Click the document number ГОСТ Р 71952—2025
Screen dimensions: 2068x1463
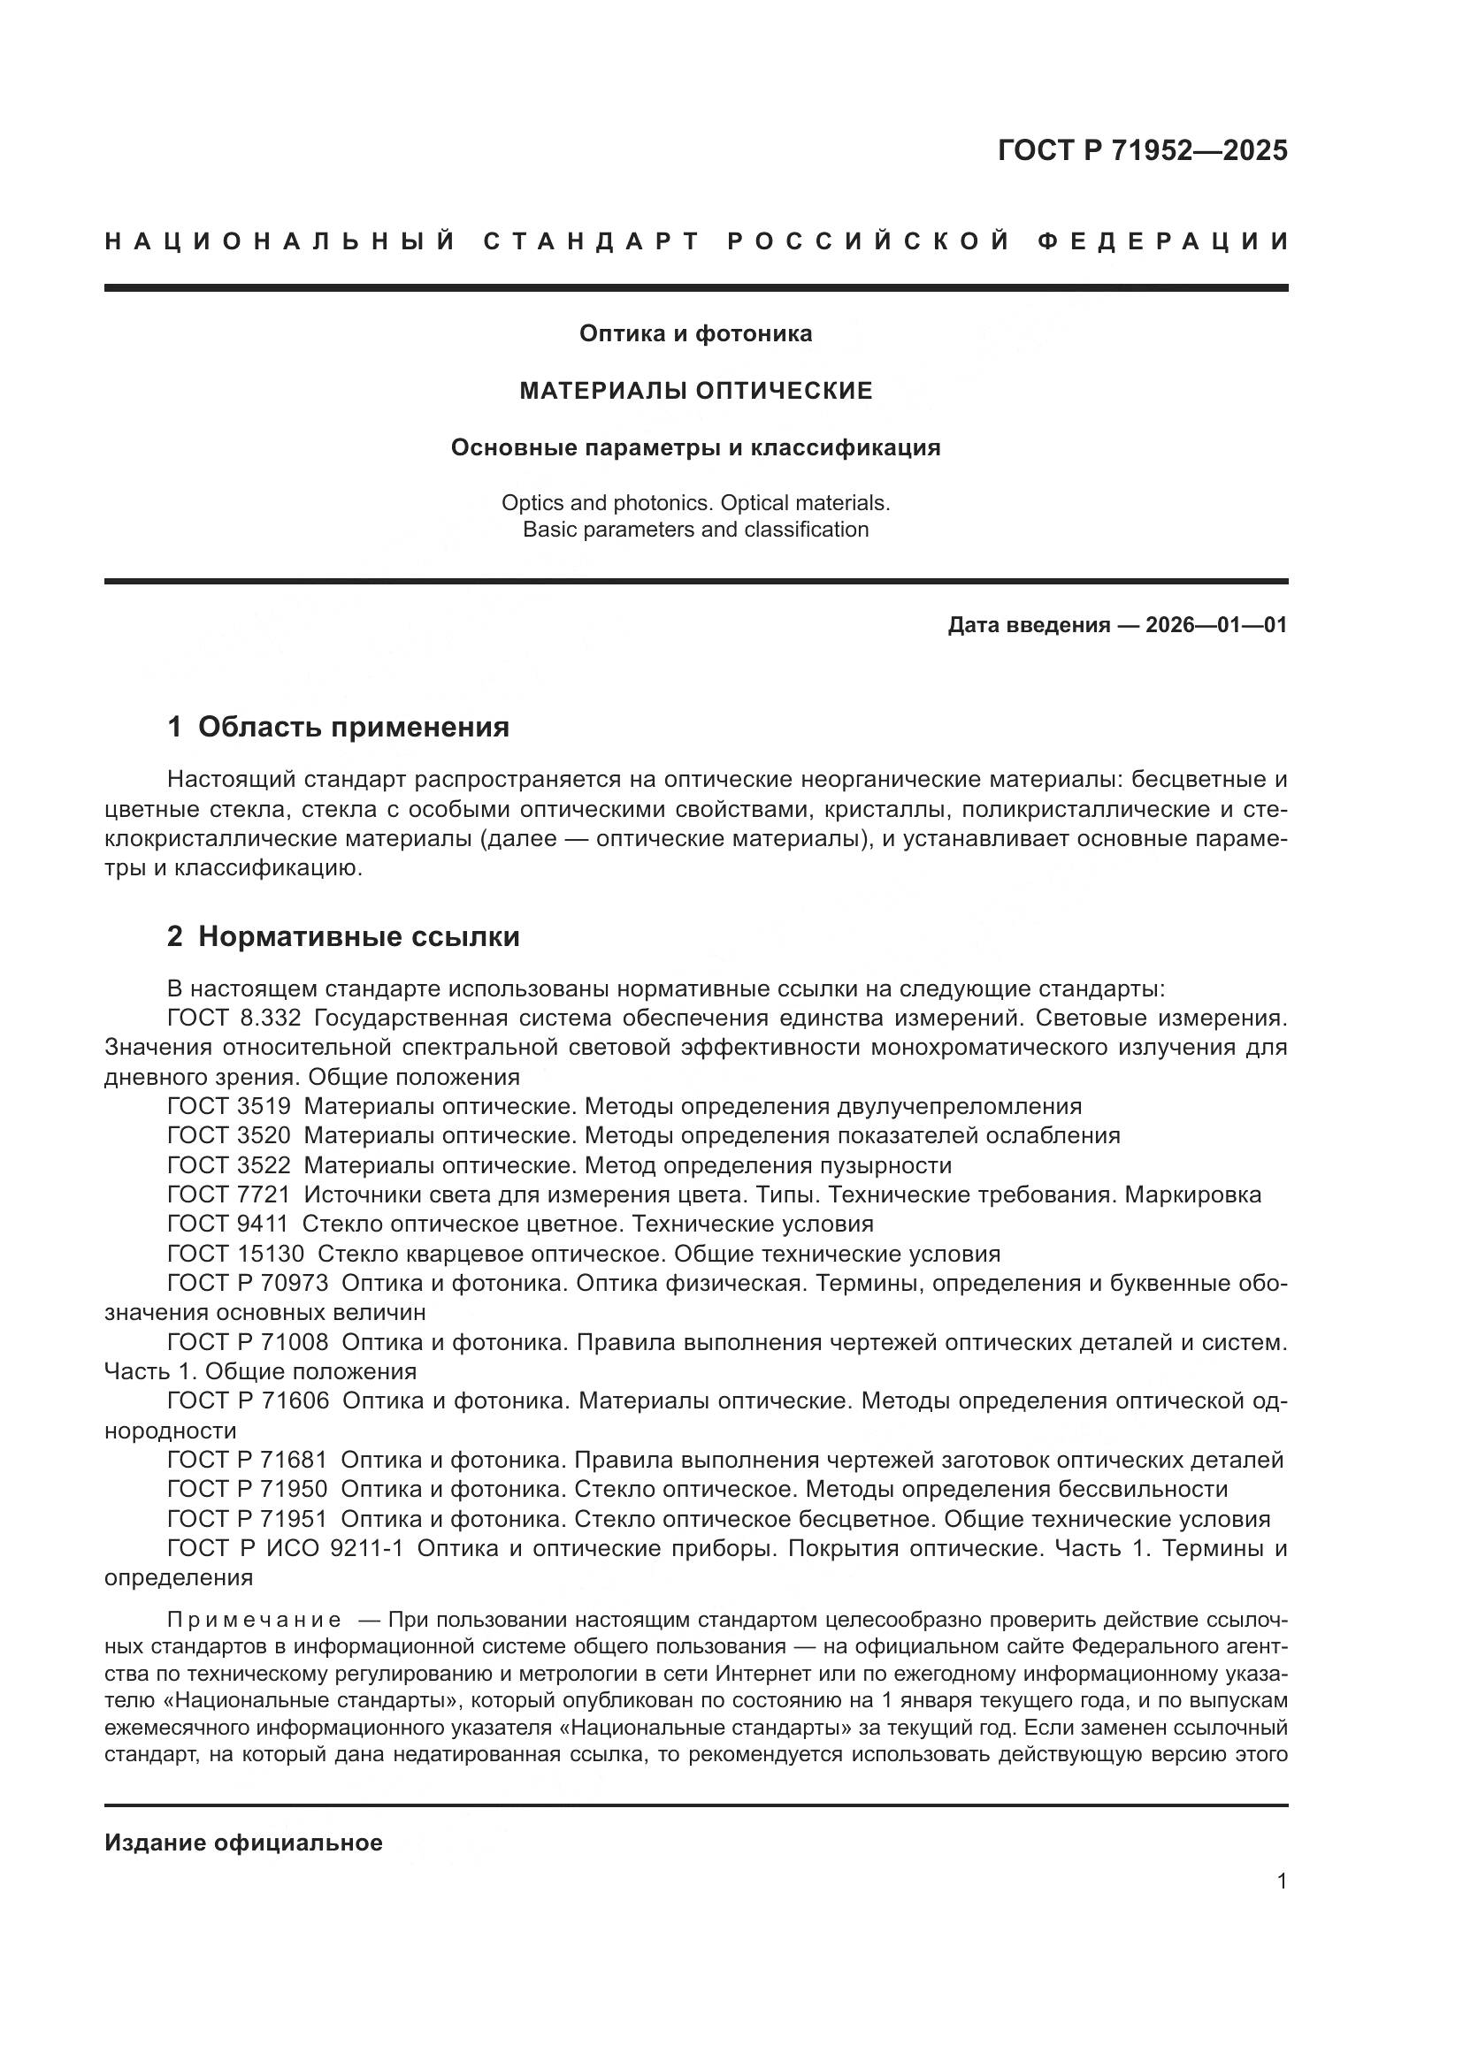tap(1141, 150)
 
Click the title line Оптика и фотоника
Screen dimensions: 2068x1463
tap(695, 333)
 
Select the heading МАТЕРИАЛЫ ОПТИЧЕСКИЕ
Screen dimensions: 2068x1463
tap(695, 391)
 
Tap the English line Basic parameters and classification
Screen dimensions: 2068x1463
tap(695, 530)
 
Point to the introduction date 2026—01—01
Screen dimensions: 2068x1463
tap(1216, 625)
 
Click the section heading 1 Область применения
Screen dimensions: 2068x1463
tap(338, 727)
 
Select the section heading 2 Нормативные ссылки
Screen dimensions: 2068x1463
tap(343, 936)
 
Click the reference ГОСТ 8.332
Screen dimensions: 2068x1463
tap(234, 1018)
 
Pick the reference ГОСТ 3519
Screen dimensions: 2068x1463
tap(229, 1106)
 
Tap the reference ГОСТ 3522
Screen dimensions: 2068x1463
tap(229, 1165)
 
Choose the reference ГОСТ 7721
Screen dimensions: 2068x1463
tap(229, 1195)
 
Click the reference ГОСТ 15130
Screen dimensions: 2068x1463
tap(235, 1254)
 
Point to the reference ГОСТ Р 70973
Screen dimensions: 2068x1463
tap(248, 1284)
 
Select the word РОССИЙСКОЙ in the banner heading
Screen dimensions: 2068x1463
tap(869, 241)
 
